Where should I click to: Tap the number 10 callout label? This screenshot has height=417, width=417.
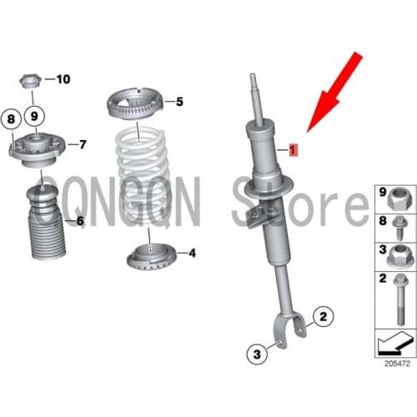63,79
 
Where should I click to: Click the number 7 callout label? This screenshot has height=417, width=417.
82,144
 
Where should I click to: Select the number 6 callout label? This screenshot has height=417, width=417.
80,221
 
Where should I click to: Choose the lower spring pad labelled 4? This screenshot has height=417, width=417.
150,254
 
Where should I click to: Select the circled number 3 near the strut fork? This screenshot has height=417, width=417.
257,377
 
